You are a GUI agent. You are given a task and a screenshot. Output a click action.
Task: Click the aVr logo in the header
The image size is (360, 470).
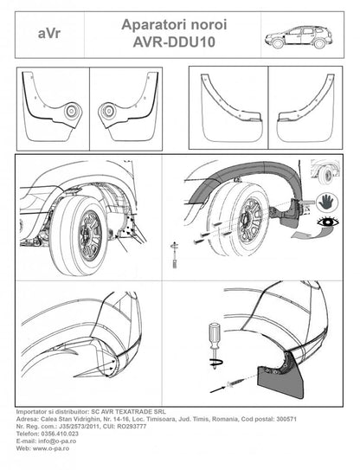tap(50, 35)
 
